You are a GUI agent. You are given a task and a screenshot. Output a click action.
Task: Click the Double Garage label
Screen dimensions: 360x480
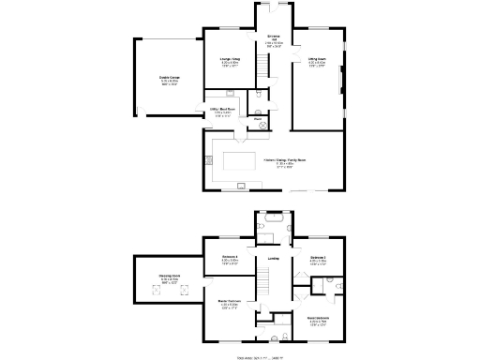(x=169, y=82)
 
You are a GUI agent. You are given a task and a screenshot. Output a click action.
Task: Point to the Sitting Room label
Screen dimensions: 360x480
(x=317, y=61)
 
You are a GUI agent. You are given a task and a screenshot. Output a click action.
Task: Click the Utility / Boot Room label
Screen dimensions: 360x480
(x=221, y=113)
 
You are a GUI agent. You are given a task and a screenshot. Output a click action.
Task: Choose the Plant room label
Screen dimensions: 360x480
(x=257, y=119)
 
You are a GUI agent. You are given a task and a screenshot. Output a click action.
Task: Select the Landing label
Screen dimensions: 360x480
(x=273, y=259)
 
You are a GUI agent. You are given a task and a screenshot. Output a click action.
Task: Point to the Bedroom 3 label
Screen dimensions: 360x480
(x=318, y=260)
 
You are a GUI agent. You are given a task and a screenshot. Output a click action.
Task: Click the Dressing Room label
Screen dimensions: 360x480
(x=170, y=277)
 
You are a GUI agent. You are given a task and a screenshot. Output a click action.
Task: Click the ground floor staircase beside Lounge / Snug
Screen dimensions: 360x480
(x=263, y=67)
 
